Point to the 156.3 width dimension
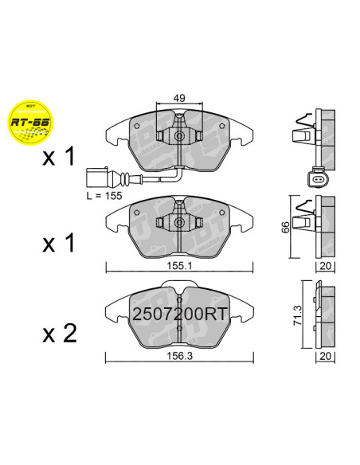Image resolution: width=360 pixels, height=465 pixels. coord(179,358)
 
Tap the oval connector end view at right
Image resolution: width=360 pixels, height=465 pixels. coord(317,180)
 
